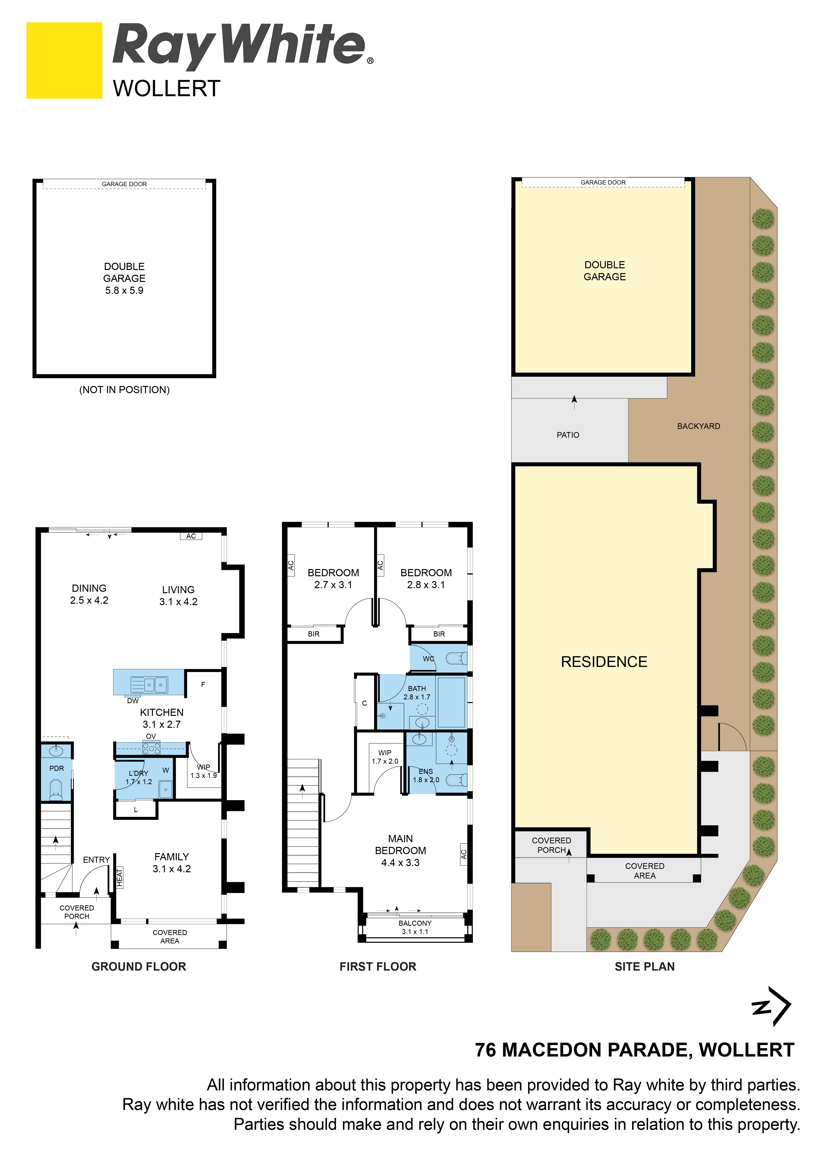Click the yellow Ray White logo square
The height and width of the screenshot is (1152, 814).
pyautogui.click(x=64, y=60)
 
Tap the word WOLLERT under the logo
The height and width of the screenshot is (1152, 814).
pyautogui.click(x=167, y=89)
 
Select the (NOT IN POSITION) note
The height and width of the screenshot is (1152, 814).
pyautogui.click(x=124, y=390)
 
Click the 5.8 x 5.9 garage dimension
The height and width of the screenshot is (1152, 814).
pyautogui.click(x=124, y=291)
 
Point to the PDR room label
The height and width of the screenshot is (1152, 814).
pyautogui.click(x=57, y=768)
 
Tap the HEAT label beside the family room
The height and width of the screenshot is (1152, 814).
pyautogui.click(x=119, y=877)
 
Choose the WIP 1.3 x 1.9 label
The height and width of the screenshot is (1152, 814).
pyautogui.click(x=204, y=771)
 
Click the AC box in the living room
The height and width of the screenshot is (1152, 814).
pyautogui.click(x=191, y=536)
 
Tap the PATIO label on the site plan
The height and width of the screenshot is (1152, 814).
pyautogui.click(x=568, y=435)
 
